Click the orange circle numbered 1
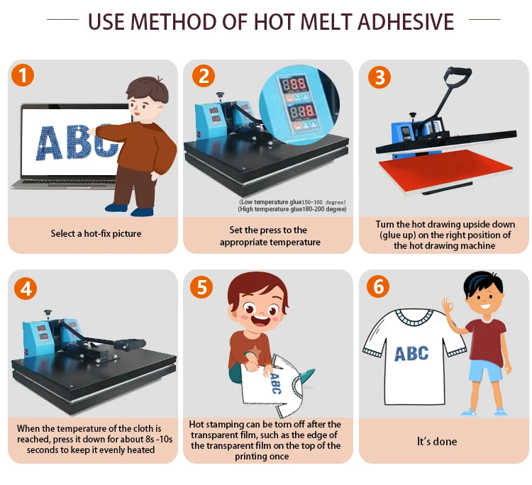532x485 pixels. [x=23, y=75]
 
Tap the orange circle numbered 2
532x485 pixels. [x=204, y=75]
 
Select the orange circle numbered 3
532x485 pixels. [x=379, y=77]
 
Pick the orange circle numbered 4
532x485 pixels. [x=26, y=289]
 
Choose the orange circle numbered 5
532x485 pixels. [x=201, y=287]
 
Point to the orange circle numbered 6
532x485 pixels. [x=378, y=286]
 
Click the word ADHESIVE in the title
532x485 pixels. [x=406, y=22]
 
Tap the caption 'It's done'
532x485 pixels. [x=437, y=441]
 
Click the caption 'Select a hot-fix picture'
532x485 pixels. [x=96, y=233]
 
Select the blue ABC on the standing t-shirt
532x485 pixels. [x=411, y=353]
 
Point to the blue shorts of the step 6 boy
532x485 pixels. [x=485, y=372]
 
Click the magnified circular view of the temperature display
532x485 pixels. [x=299, y=105]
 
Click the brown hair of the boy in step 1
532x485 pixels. [x=148, y=89]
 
